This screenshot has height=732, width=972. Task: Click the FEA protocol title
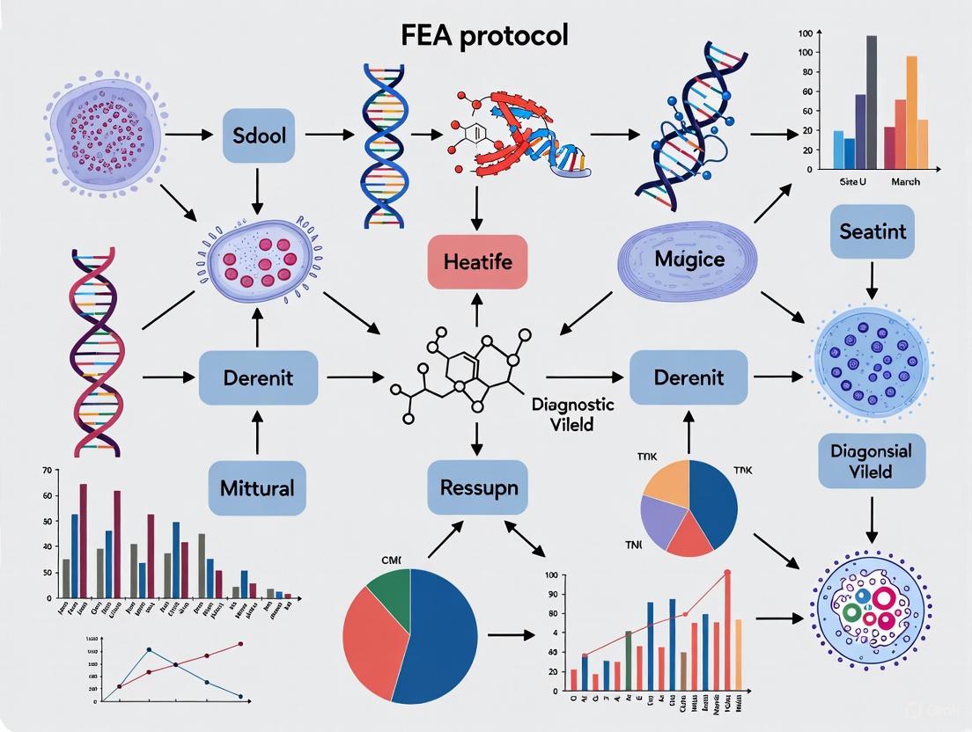(485, 34)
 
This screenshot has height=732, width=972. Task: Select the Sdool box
(259, 135)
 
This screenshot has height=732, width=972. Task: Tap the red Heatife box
(477, 261)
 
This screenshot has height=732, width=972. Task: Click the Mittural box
(258, 487)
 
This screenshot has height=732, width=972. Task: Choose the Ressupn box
(478, 487)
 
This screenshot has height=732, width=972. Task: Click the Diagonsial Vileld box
(872, 460)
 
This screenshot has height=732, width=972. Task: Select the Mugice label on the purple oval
(689, 260)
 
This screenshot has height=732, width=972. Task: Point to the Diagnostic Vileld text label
(573, 413)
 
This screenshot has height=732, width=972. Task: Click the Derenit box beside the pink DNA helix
(258, 377)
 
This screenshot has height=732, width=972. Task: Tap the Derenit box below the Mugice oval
(688, 377)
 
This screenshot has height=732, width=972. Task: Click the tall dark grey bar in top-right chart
(872, 101)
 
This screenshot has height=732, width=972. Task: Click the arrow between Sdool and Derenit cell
(258, 188)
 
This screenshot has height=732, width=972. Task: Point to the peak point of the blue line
(149, 649)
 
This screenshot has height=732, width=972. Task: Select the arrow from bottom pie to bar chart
(510, 633)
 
